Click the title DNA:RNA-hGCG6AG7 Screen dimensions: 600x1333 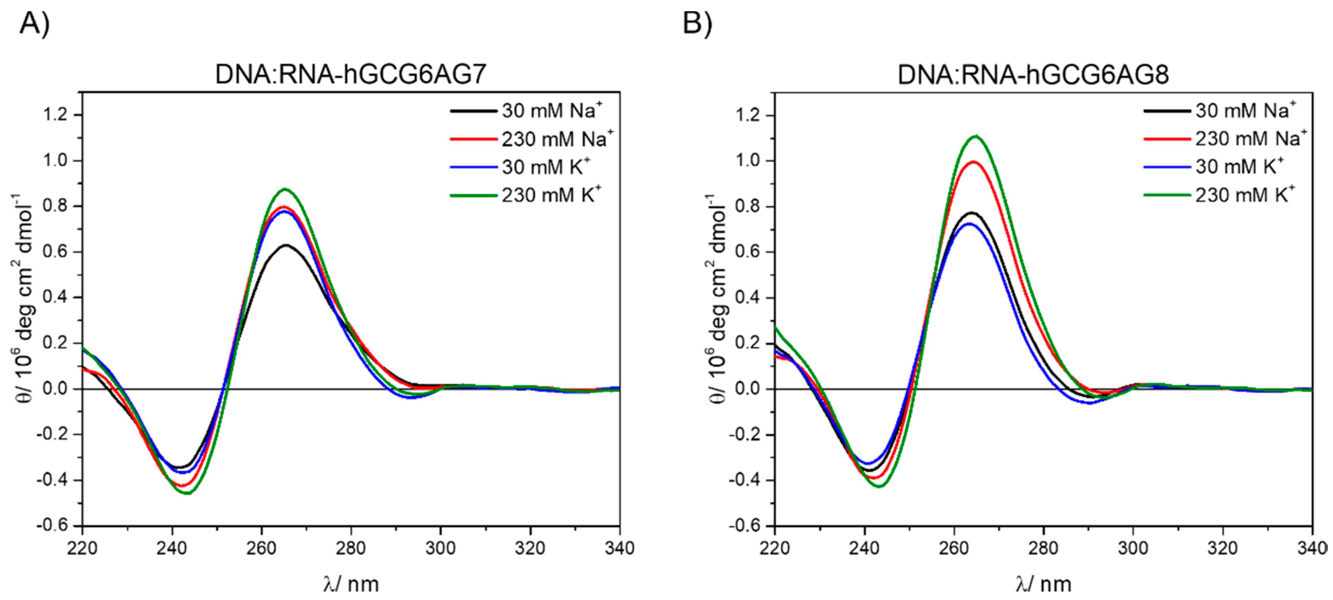click(x=350, y=75)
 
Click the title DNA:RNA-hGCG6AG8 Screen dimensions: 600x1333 click(x=1033, y=75)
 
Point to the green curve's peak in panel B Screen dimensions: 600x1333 click(x=976, y=136)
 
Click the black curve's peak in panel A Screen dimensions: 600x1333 click(x=286, y=245)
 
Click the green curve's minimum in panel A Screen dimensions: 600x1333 click(x=187, y=493)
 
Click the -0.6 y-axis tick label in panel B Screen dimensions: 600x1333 click(x=744, y=525)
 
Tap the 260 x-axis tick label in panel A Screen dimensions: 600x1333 click(x=261, y=548)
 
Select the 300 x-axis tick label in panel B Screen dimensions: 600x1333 click(x=1133, y=548)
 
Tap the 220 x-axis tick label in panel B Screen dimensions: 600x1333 click(x=775, y=548)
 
